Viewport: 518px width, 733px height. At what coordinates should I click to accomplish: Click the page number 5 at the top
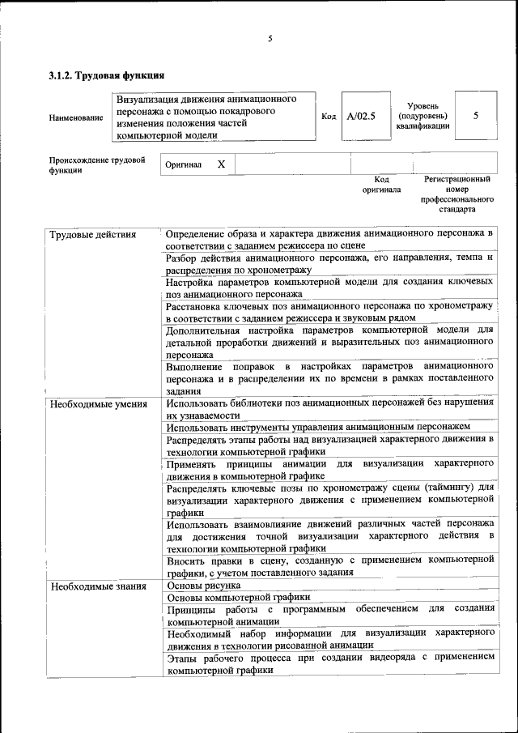point(270,38)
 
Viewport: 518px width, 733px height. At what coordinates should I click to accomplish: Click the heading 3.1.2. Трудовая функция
point(107,76)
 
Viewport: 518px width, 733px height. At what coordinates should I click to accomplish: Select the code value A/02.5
point(361,117)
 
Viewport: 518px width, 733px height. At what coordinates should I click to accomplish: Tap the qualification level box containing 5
point(475,116)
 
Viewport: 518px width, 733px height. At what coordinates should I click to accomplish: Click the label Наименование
point(76,117)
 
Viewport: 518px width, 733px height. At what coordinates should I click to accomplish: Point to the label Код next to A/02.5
point(329,117)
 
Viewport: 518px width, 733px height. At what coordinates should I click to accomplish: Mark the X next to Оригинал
point(221,164)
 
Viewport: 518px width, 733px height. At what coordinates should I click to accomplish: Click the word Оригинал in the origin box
point(183,164)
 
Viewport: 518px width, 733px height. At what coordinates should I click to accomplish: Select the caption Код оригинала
point(381,184)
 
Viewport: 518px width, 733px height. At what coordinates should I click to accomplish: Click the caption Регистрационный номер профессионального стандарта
point(456,194)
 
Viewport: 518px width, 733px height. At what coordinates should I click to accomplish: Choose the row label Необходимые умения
point(98,403)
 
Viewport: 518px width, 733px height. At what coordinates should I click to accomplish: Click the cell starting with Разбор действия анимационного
point(329,262)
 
